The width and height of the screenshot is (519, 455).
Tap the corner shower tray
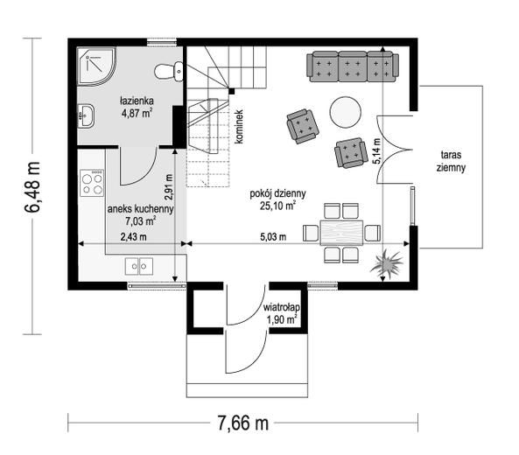[x=95, y=66]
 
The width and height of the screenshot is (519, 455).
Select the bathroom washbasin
[x=86, y=115]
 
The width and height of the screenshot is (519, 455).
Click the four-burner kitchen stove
[x=92, y=184]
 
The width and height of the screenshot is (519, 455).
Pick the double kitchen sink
[x=139, y=266]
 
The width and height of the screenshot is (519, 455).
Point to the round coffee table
[x=345, y=112]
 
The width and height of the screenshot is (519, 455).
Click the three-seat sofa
[x=353, y=66]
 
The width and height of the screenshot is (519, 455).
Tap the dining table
[x=341, y=233]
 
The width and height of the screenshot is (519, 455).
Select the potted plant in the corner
[x=387, y=264]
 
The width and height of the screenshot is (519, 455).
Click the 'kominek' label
[x=239, y=127]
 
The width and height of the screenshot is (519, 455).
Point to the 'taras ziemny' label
[x=451, y=161]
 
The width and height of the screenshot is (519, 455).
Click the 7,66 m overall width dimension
[x=243, y=423]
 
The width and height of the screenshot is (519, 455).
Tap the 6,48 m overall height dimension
[x=32, y=186]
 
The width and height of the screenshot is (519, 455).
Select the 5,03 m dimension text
[x=273, y=237]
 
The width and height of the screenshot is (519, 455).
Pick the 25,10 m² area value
[x=277, y=206]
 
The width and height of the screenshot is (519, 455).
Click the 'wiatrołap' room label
[x=282, y=307]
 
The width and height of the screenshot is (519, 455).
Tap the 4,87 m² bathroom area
[x=137, y=113]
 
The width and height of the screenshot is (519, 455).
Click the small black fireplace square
[x=232, y=91]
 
